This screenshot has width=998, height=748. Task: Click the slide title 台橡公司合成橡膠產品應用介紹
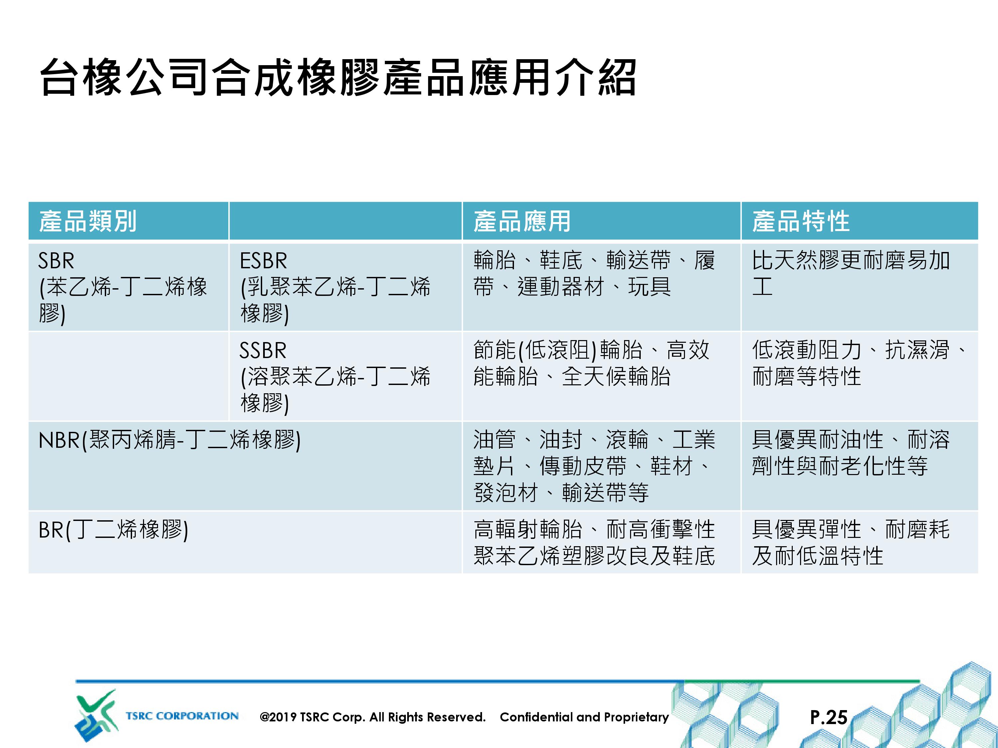[338, 77]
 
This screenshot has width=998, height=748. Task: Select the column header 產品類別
[88, 221]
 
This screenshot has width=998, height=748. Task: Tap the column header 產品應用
[522, 221]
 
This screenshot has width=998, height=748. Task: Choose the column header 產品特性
[801, 221]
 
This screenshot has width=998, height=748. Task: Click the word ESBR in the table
[263, 261]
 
